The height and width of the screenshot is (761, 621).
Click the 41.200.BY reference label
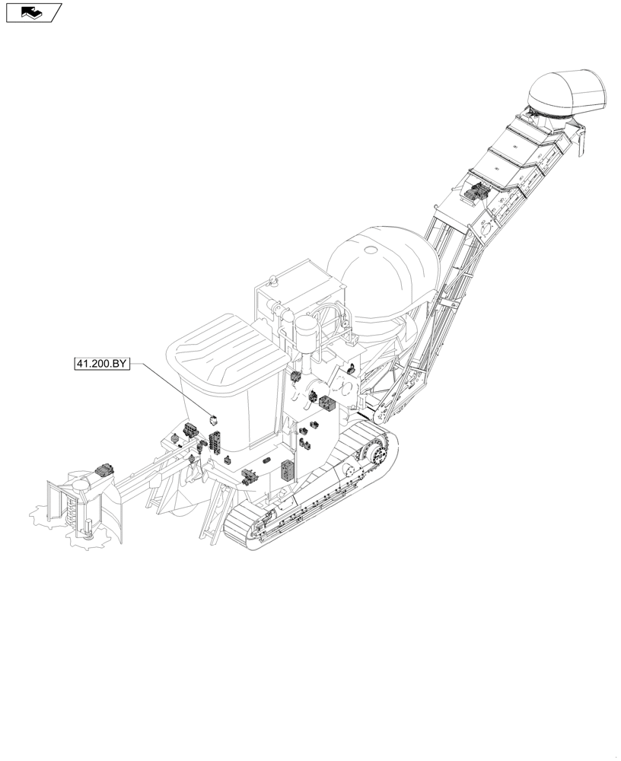[101, 364]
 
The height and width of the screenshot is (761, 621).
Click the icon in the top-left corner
[33, 12]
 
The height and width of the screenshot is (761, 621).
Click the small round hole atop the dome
[371, 250]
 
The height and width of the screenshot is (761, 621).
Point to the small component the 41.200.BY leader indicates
[214, 418]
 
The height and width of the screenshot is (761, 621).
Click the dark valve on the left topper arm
[103, 472]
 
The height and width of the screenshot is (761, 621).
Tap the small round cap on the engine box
[272, 279]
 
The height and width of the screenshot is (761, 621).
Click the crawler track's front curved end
[236, 529]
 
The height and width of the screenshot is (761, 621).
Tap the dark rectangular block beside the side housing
[326, 403]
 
